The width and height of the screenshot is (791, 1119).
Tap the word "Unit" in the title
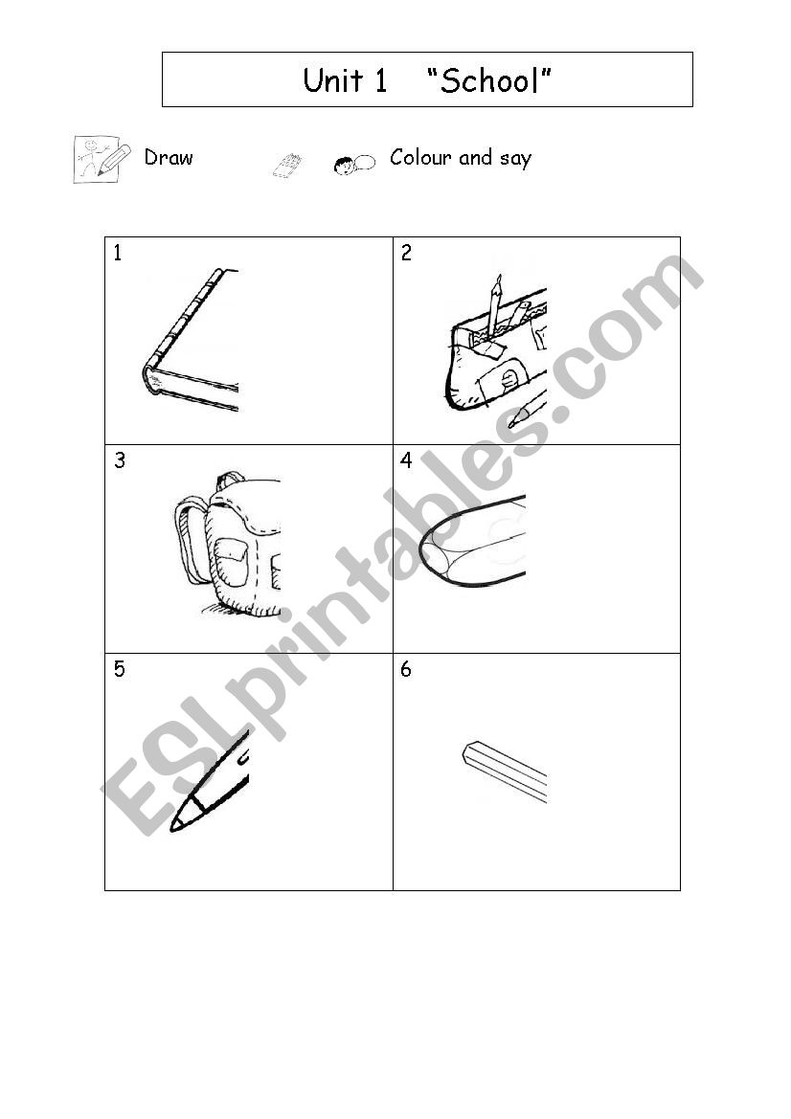334,80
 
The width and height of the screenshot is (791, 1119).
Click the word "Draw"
169,157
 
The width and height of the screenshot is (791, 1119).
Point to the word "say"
514,159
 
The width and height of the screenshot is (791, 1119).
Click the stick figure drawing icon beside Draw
102,159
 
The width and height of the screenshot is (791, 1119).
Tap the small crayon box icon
287,166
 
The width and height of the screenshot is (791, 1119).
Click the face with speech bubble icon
354,164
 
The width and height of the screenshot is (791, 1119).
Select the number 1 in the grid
118,253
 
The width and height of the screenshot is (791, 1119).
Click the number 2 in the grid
406,253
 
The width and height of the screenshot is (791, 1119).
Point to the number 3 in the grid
119,460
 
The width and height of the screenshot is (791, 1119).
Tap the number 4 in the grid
406,460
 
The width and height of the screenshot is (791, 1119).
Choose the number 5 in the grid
119,669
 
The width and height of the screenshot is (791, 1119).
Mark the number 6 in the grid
406,669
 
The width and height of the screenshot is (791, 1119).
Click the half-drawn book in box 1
190,340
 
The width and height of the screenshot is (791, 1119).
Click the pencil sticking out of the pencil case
493,304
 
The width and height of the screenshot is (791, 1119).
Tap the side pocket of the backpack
231,559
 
